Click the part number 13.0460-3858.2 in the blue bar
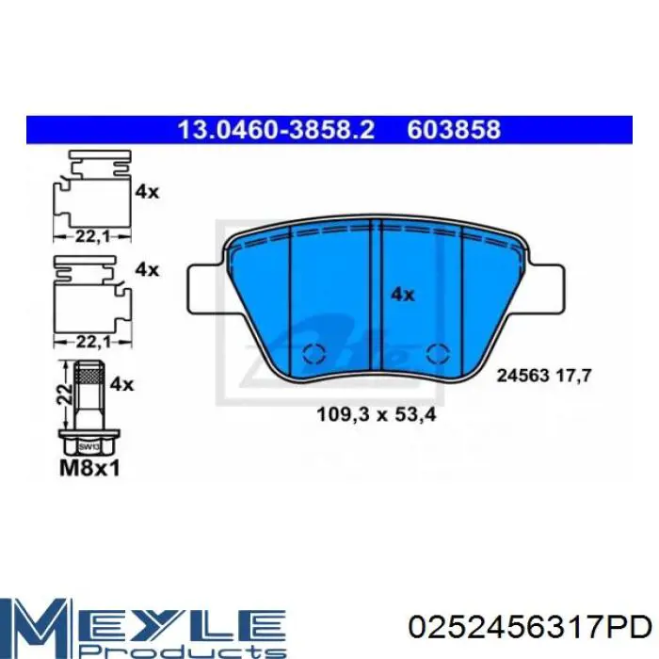point(276,130)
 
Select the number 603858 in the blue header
point(454,130)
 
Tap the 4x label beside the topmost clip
point(147,191)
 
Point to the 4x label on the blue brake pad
point(403,294)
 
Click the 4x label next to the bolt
point(123,384)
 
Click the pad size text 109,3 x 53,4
point(366,412)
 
